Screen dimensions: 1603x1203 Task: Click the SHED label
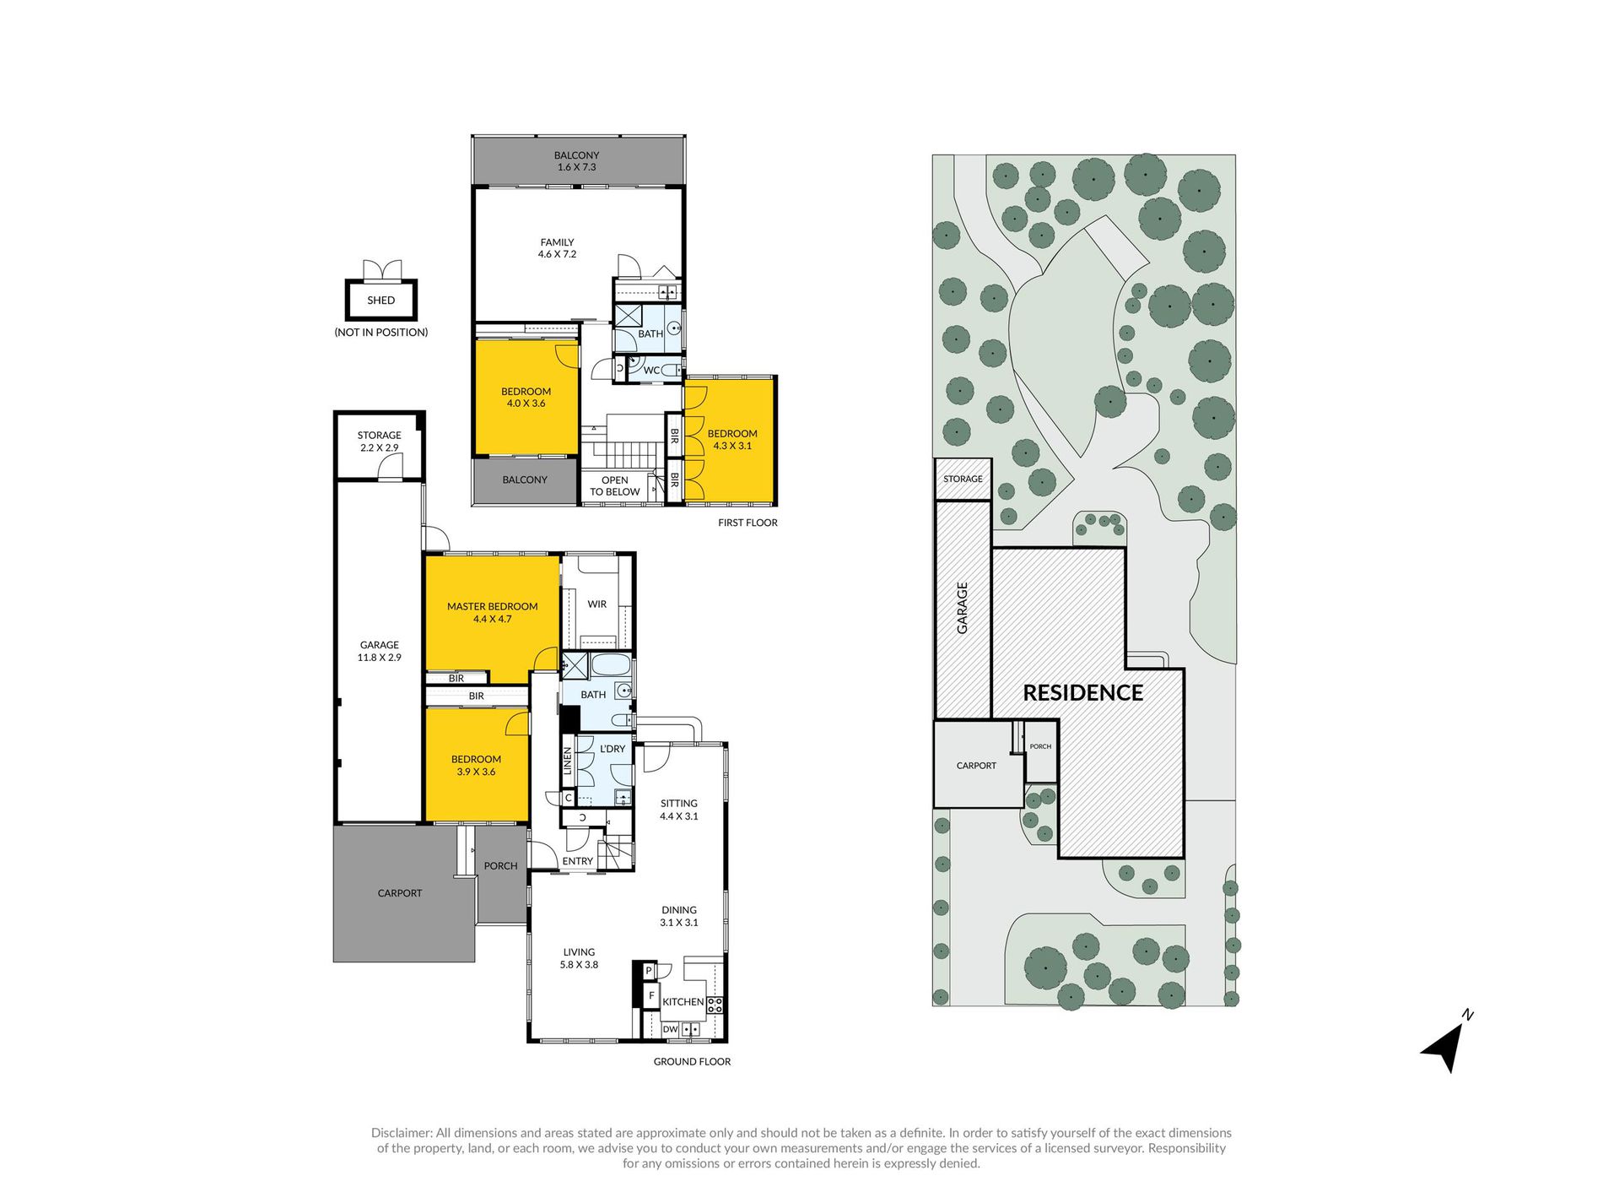pyautogui.click(x=381, y=301)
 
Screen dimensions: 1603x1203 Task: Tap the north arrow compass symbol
pyautogui.click(x=1448, y=1043)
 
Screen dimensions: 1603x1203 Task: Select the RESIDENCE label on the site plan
pyautogui.click(x=1082, y=693)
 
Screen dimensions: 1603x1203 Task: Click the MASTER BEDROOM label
pyautogui.click(x=492, y=606)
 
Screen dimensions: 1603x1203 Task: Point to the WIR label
pyautogui.click(x=597, y=604)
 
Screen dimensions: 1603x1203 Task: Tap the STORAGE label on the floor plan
pyautogui.click(x=379, y=436)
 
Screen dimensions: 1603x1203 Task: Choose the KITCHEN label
pyautogui.click(x=683, y=1002)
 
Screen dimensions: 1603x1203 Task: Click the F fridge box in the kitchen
pyautogui.click(x=651, y=997)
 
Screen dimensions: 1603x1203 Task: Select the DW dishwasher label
pyautogui.click(x=670, y=1030)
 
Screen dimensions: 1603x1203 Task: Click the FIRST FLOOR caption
pyautogui.click(x=748, y=523)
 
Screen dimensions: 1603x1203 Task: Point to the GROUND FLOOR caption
pyautogui.click(x=692, y=1062)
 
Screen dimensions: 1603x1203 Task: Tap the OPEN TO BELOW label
pyautogui.click(x=615, y=486)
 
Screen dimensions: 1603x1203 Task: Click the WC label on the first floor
pyautogui.click(x=651, y=371)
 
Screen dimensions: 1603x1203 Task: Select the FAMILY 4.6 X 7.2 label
pyautogui.click(x=557, y=248)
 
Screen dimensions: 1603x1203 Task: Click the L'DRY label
pyautogui.click(x=613, y=749)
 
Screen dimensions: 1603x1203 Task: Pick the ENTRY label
pyautogui.click(x=578, y=861)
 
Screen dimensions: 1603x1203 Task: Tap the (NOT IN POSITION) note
pyautogui.click(x=381, y=333)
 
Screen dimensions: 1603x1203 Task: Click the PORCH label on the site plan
pyautogui.click(x=1040, y=746)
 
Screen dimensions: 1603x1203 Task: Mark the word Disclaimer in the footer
pyautogui.click(x=402, y=1133)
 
